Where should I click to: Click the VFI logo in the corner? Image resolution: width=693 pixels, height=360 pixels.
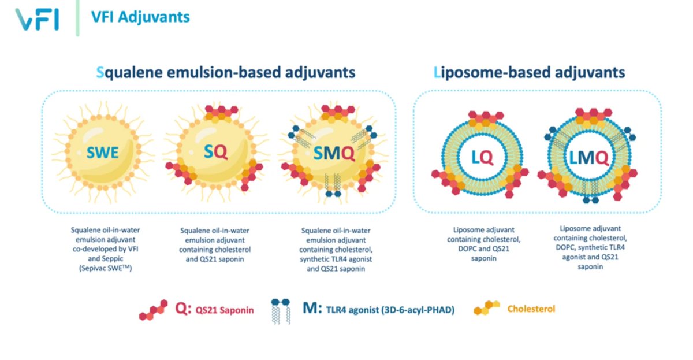click(37, 18)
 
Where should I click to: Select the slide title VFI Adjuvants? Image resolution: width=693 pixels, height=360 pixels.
click(140, 17)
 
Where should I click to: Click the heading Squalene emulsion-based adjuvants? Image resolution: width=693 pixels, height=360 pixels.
click(226, 73)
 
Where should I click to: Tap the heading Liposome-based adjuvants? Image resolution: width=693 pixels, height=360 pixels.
click(529, 73)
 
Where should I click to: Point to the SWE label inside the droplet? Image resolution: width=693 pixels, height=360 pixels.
click(103, 153)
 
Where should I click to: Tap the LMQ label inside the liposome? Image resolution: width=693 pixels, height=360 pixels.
click(588, 157)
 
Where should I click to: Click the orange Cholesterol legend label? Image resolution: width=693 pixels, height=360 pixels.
click(531, 309)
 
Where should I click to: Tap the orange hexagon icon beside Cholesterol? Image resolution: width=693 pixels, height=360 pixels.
click(487, 309)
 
